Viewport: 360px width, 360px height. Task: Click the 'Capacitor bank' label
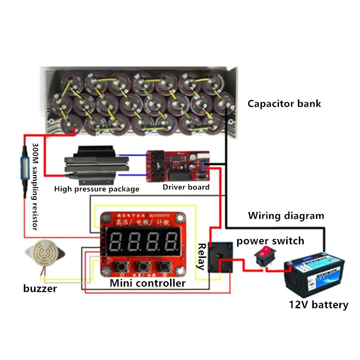click(284, 103)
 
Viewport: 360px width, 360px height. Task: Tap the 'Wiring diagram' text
click(286, 216)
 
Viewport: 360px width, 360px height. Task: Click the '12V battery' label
click(318, 305)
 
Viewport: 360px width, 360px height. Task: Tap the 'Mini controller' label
click(148, 283)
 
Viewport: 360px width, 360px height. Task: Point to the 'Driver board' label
click(186, 187)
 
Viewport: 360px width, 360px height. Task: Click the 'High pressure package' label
click(97, 189)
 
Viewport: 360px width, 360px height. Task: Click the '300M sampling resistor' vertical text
click(35, 187)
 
